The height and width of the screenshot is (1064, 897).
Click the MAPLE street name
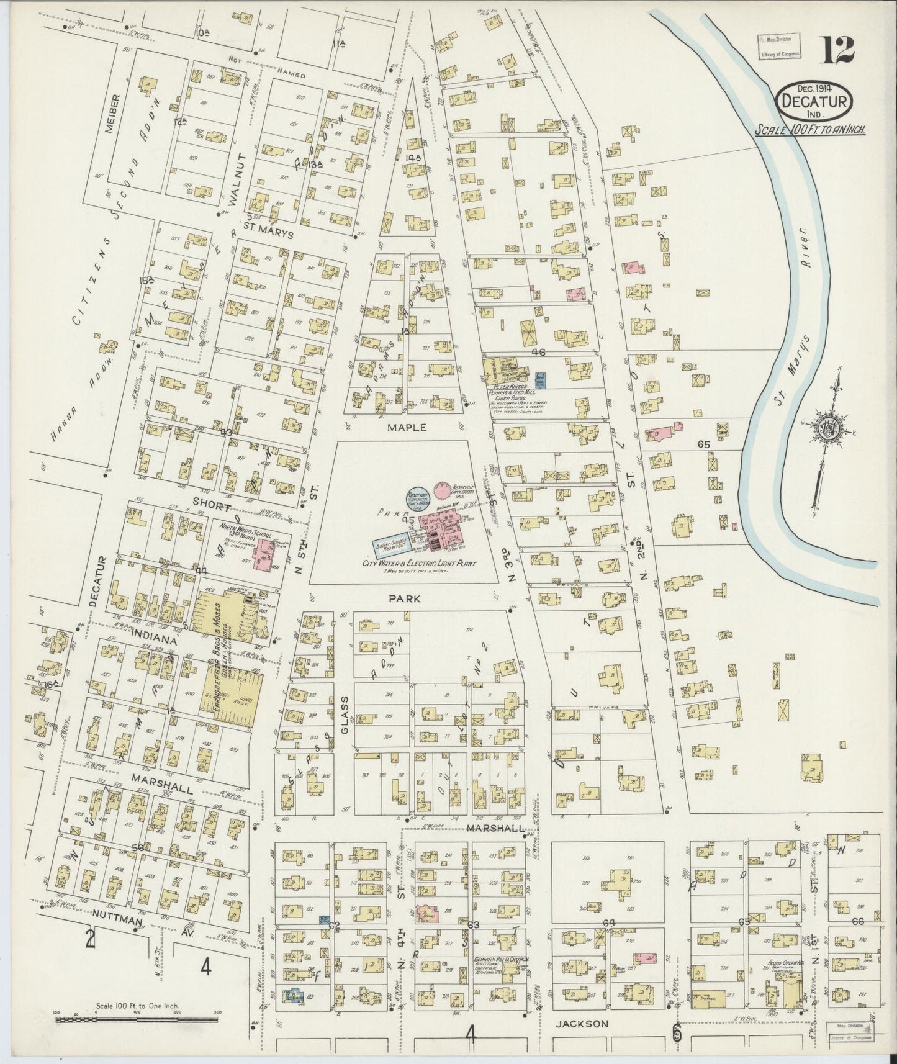(x=407, y=428)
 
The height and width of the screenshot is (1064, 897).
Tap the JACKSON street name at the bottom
(x=581, y=1024)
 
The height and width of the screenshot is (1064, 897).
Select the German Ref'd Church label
(x=502, y=958)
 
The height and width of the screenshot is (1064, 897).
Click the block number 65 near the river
(x=703, y=444)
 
